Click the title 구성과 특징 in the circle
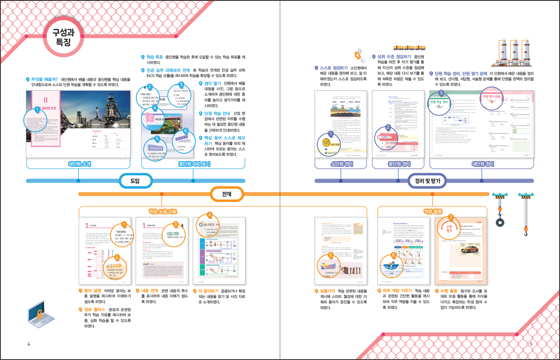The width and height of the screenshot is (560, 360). (63, 37)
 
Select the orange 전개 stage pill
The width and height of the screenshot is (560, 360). (227, 194)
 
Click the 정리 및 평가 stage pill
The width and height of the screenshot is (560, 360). (428, 181)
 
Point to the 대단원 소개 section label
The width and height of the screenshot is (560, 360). (80, 164)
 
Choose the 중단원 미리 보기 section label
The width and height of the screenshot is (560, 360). (194, 164)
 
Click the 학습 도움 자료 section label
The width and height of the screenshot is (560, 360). (163, 211)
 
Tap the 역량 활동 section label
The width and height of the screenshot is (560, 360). (433, 211)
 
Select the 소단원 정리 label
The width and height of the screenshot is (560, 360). (342, 164)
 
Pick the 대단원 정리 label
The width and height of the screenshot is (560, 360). (483, 164)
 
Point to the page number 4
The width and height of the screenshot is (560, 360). (29, 344)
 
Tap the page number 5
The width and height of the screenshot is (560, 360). (531, 344)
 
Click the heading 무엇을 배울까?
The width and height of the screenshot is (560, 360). (44, 79)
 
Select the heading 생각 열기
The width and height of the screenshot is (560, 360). (213, 83)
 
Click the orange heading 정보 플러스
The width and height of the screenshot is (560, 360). (94, 310)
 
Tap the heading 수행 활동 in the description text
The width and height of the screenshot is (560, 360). (449, 291)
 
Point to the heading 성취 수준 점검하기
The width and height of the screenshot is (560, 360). (394, 57)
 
